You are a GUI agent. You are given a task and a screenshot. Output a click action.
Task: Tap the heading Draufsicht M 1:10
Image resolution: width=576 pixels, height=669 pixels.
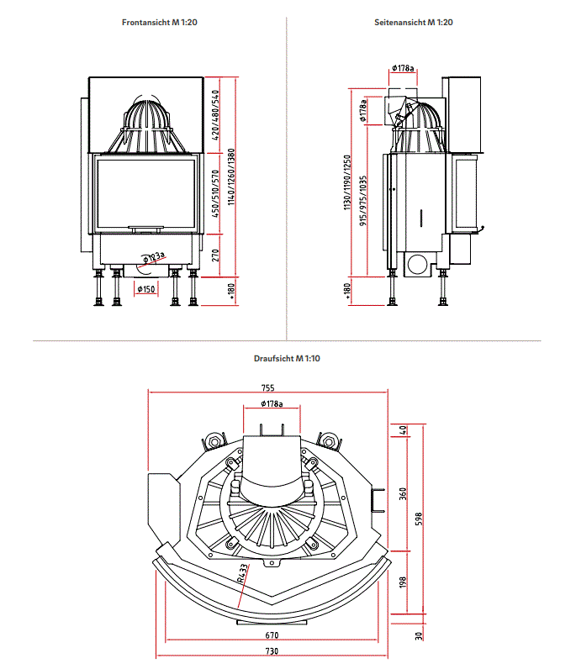click(287, 358)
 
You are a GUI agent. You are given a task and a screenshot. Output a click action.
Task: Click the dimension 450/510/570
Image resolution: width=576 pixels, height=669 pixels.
click(216, 194)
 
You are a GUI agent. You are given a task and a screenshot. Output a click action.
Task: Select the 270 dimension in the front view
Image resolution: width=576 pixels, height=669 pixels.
click(216, 255)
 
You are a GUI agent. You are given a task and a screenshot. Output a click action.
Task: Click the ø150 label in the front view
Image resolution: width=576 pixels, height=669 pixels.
click(146, 289)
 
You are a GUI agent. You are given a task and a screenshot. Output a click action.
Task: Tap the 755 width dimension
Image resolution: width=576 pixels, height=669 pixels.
click(267, 388)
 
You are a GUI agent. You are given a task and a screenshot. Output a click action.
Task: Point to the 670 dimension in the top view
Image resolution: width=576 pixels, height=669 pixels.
click(271, 637)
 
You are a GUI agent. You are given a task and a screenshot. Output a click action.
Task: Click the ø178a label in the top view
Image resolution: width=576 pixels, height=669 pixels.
click(271, 404)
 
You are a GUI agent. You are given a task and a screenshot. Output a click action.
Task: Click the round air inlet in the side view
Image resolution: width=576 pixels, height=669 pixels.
click(415, 265)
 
